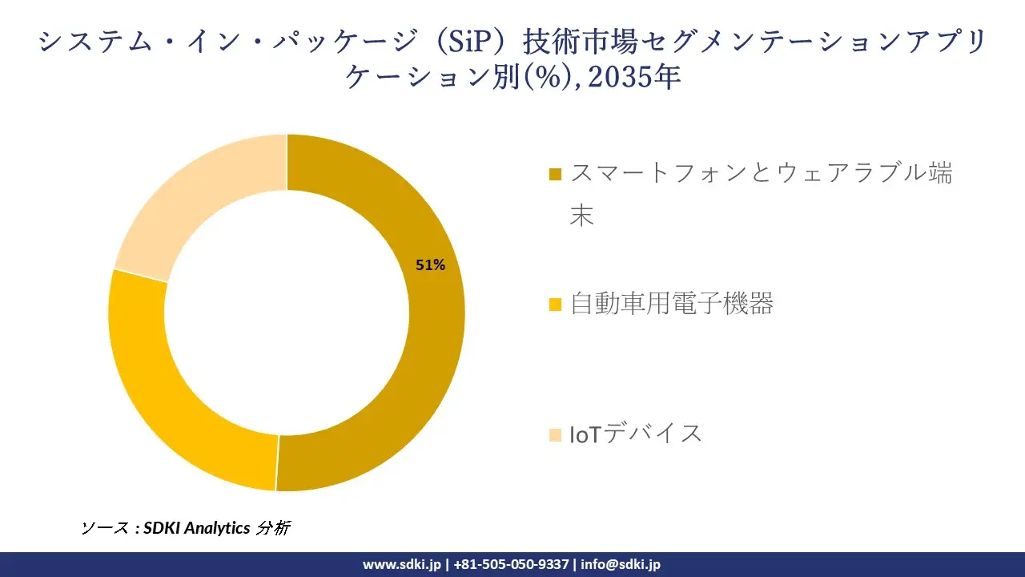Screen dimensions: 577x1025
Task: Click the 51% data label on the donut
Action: [430, 265]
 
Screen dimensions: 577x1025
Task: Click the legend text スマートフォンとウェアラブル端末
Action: [761, 174]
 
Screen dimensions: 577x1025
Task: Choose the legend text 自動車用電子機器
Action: [671, 304]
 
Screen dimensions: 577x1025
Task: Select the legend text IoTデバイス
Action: [636, 434]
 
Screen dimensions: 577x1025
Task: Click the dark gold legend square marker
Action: [556, 174]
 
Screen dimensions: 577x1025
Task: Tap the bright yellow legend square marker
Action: [556, 305]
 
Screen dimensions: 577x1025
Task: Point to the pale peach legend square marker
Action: [556, 434]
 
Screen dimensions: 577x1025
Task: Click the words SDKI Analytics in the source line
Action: [196, 528]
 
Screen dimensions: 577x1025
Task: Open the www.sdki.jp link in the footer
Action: [401, 564]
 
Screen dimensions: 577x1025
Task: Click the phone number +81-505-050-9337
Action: [510, 564]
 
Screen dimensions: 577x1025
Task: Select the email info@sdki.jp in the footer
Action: [621, 564]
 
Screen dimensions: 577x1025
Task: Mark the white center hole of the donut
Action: [287, 313]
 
